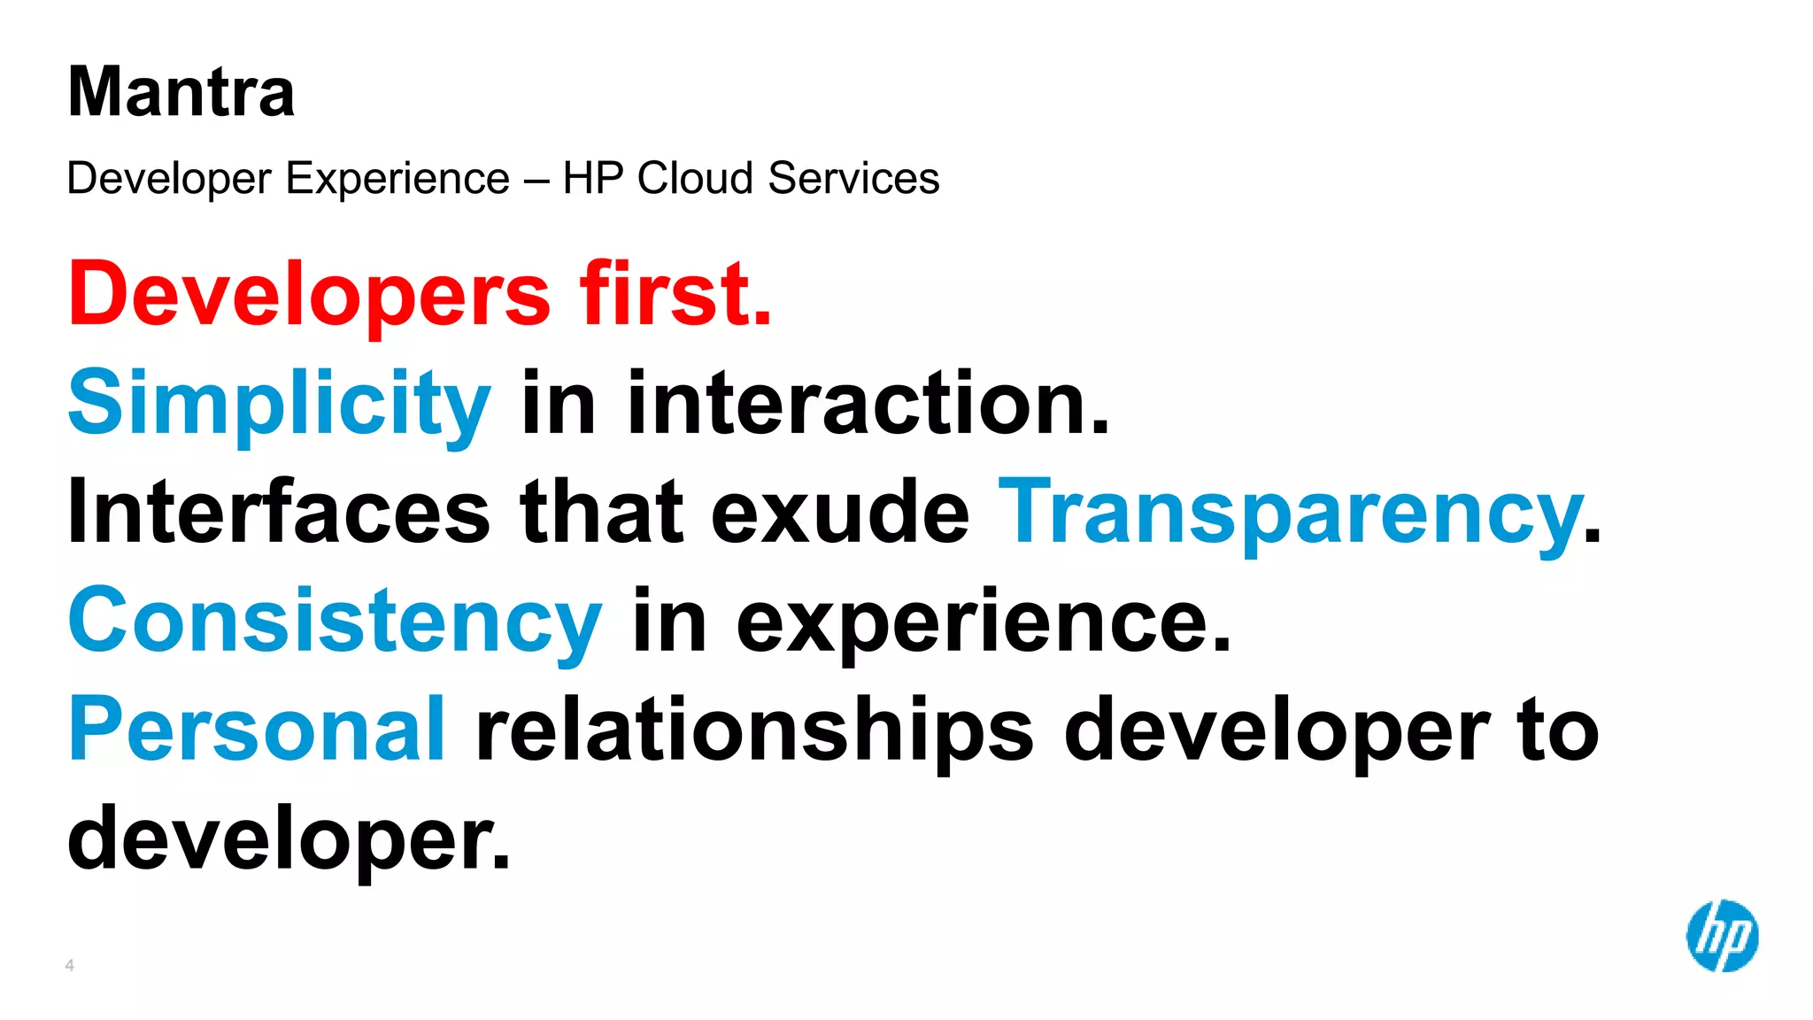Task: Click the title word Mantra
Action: pos(181,92)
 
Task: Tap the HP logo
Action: pos(1722,936)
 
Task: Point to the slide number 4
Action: pos(70,965)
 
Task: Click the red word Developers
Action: pos(309,295)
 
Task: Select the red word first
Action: pos(675,295)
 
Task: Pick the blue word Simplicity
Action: pos(279,404)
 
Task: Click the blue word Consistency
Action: pos(335,622)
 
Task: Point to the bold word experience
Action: pos(983,623)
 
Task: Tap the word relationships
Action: pos(754,731)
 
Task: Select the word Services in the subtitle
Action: pos(853,178)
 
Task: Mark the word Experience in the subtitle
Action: pos(398,180)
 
